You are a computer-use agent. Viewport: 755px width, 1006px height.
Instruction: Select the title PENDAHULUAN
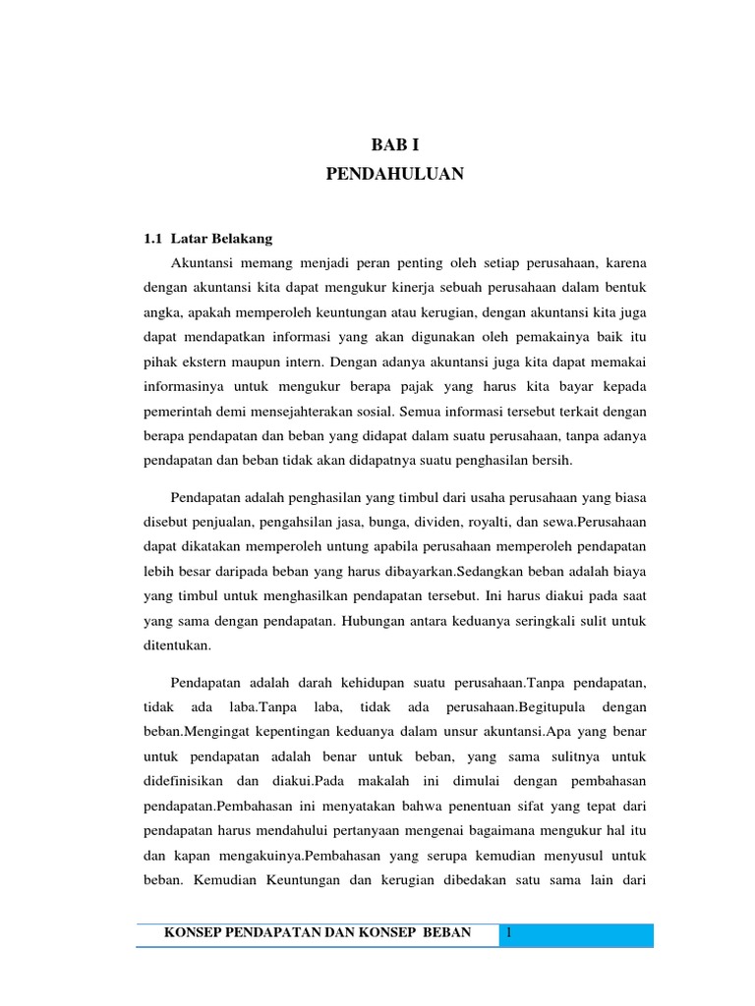coord(395,175)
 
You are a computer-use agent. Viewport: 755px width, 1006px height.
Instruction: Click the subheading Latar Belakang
coord(221,238)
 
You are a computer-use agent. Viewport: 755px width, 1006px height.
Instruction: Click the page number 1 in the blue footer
coord(510,931)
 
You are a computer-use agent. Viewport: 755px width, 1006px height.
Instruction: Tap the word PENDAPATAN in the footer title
coord(270,931)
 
